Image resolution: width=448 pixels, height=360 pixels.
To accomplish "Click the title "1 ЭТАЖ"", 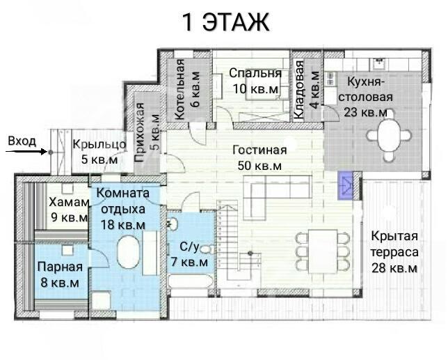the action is click(225, 22).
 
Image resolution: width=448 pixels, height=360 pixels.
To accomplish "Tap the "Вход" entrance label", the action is click(22, 141).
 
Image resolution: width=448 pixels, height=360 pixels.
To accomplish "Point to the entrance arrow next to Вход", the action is click(26, 152).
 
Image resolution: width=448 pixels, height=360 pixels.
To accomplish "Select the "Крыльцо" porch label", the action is click(99, 144).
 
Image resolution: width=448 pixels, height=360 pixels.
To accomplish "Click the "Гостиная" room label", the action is click(259, 150).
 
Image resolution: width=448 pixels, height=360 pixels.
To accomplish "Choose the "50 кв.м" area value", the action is click(259, 166).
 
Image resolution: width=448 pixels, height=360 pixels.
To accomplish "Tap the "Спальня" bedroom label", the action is click(255, 73).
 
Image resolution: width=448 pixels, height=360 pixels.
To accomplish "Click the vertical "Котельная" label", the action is click(179, 89).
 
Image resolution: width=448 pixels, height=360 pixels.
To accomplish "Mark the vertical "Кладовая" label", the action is click(298, 89).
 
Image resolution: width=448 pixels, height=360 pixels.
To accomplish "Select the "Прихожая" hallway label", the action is click(140, 132).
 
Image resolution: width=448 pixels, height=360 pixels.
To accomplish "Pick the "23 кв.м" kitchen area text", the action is click(365, 112).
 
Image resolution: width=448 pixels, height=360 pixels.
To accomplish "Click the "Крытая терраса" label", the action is click(394, 244).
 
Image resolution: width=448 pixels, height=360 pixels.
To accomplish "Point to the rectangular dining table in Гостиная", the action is click(323, 251).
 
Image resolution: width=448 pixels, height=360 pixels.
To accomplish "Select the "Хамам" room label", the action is click(69, 202).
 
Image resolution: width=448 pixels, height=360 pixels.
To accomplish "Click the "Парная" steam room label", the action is click(60, 267).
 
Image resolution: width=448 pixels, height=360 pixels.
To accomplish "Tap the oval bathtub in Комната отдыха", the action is click(129, 252).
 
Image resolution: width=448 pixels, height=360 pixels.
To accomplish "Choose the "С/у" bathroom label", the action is click(189, 246).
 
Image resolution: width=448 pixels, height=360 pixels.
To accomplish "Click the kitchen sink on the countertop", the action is click(380, 63).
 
